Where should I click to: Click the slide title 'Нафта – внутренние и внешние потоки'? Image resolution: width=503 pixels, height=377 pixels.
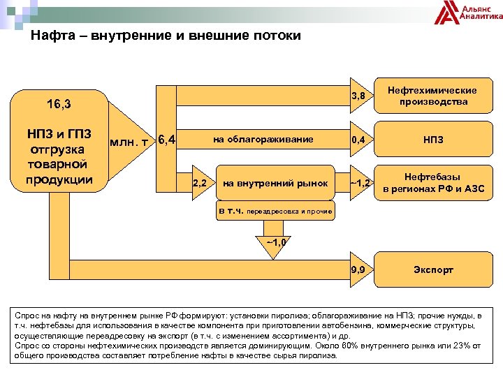[x=166, y=36]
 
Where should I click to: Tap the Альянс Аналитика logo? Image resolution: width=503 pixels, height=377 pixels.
[x=468, y=13]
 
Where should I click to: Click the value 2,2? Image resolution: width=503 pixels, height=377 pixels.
[x=199, y=184]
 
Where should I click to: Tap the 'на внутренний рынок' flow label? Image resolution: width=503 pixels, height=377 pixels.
[x=275, y=184]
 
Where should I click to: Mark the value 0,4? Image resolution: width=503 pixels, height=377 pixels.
[x=358, y=140]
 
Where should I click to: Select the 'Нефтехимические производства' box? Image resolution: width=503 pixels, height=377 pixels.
[x=432, y=96]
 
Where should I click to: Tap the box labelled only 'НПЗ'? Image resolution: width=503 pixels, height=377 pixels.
[x=432, y=140]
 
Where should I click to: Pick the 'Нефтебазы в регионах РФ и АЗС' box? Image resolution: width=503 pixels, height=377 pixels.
[x=432, y=183]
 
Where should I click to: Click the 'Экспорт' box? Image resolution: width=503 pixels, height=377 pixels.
[x=432, y=269]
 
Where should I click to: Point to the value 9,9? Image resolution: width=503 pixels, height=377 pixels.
[x=358, y=269]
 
